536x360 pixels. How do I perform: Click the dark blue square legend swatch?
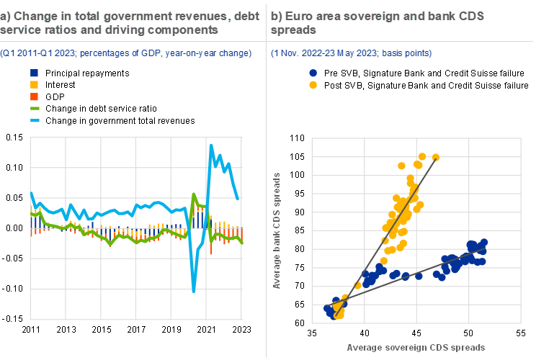(34, 73)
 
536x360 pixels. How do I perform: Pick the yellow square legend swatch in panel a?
(34, 85)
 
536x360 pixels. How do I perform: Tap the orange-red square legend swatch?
(34, 96)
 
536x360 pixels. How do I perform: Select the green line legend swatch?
(34, 108)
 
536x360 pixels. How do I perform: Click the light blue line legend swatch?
(34, 120)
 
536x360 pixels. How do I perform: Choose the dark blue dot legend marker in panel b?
(313, 73)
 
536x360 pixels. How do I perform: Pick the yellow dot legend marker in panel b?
(313, 85)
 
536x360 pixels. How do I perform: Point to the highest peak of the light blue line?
(211, 145)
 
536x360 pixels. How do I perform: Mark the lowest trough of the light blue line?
(194, 290)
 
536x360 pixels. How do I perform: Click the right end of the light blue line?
(239, 199)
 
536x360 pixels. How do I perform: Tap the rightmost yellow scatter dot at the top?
(436, 157)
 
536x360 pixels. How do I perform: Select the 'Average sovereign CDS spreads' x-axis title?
(416, 347)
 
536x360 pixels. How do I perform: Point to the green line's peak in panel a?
(195, 194)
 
